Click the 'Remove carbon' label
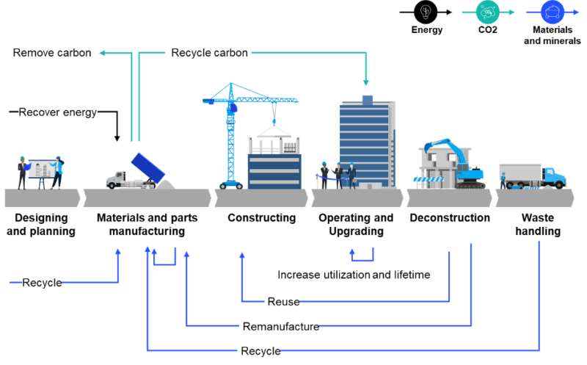(52, 53)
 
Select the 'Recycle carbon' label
(210, 52)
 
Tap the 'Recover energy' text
(58, 112)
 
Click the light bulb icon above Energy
(426, 12)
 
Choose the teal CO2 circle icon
(488, 12)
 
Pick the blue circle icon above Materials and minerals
(552, 12)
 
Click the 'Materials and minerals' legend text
(552, 35)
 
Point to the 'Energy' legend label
(426, 30)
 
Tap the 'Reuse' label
(283, 301)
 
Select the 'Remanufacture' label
(281, 326)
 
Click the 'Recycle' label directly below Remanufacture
(260, 351)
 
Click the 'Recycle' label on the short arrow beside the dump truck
(42, 283)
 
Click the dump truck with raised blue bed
(139, 173)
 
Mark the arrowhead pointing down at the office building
(365, 82)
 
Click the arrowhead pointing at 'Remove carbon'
(103, 53)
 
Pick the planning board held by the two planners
(43, 170)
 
